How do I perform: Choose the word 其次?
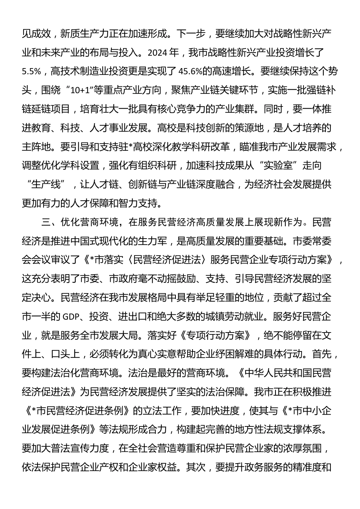click(x=196, y=467)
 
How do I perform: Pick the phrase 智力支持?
click(x=144, y=203)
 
